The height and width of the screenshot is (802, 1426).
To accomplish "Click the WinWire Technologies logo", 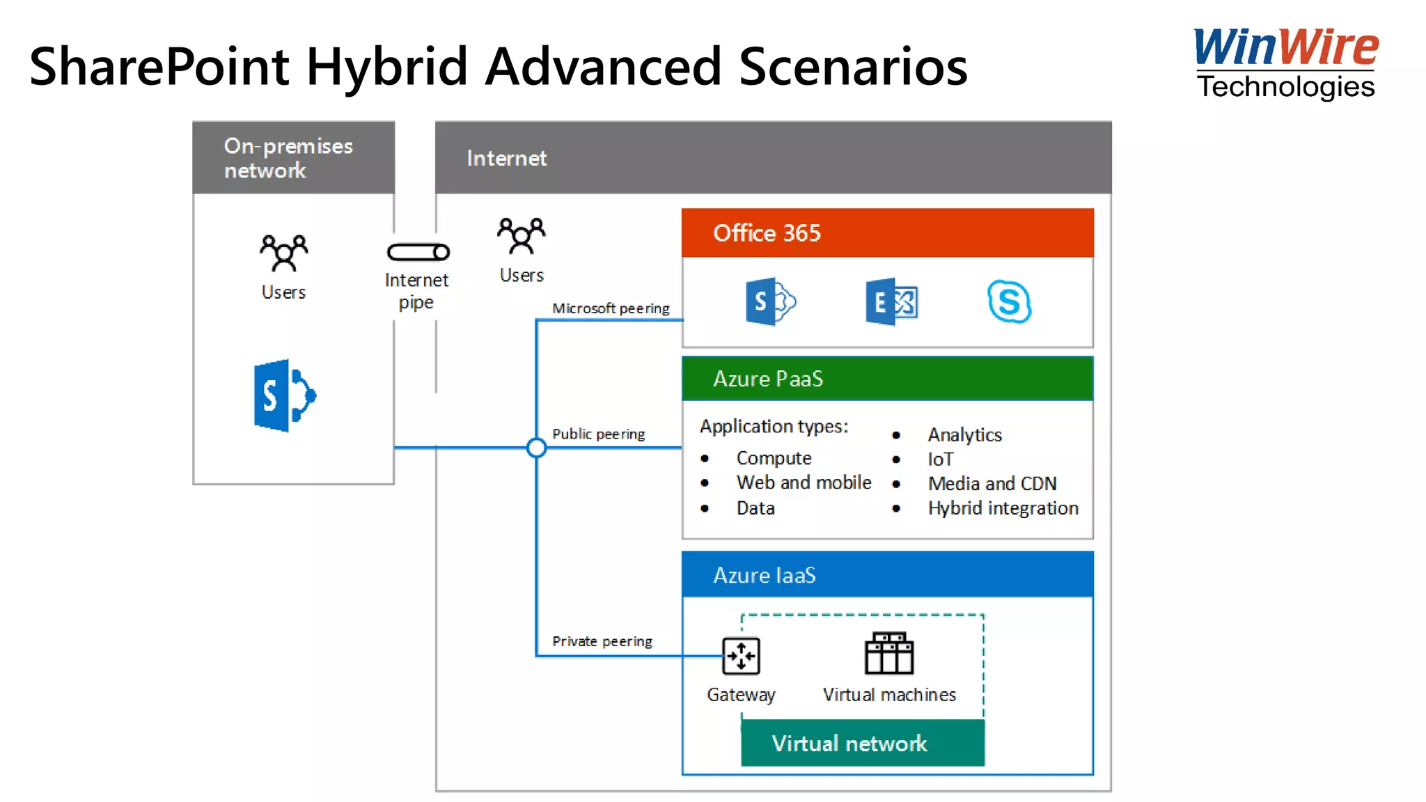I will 1285,63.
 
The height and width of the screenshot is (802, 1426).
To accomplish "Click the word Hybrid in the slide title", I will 386,68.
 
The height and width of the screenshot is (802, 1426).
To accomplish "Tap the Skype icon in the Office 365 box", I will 1009,301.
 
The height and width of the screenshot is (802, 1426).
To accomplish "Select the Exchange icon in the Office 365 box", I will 891,301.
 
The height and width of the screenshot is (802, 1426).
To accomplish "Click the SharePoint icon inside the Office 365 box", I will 769,301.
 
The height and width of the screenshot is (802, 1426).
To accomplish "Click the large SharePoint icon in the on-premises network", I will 284,395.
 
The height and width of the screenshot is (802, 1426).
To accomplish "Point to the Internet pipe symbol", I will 418,252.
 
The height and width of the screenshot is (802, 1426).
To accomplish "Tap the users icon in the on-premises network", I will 283,253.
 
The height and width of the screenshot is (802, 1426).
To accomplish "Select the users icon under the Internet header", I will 522,235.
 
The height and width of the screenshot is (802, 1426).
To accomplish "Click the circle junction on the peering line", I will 536,448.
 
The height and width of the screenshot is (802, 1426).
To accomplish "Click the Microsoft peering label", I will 611,308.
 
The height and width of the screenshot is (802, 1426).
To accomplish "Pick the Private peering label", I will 602,641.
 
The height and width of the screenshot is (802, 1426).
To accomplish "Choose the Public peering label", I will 598,434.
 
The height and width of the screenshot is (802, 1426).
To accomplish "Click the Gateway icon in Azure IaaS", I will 741,656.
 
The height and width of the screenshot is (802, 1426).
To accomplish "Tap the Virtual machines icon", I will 888,653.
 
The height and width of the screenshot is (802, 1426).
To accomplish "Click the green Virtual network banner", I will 862,743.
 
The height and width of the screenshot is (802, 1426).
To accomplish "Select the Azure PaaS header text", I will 768,379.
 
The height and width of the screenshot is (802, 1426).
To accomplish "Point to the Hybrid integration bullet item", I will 1003,508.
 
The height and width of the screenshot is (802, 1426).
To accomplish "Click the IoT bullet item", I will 940,459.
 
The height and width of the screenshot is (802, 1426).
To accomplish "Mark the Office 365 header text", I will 767,233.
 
